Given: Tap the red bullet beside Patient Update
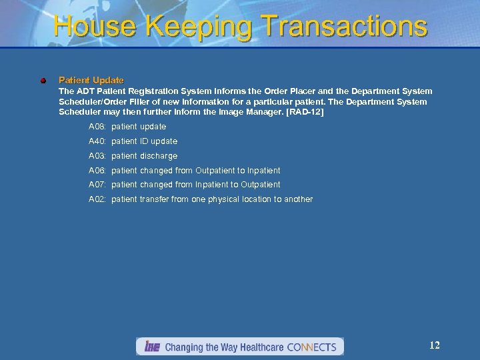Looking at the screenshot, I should [43, 80].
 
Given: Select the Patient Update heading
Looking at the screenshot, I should [91, 80].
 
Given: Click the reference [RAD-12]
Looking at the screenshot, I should [304, 112].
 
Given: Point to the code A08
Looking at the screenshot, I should [97, 127].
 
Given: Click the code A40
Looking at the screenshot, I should [97, 141].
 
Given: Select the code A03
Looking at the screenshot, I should [97, 156].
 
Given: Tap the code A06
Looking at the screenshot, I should [97, 171].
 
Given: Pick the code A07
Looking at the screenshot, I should [97, 185].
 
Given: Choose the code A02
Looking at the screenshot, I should [97, 199].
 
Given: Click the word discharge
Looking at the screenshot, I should [159, 156].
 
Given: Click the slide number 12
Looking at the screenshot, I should [435, 345].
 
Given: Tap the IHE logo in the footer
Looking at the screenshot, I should [150, 347].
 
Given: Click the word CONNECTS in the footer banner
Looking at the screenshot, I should [311, 347].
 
